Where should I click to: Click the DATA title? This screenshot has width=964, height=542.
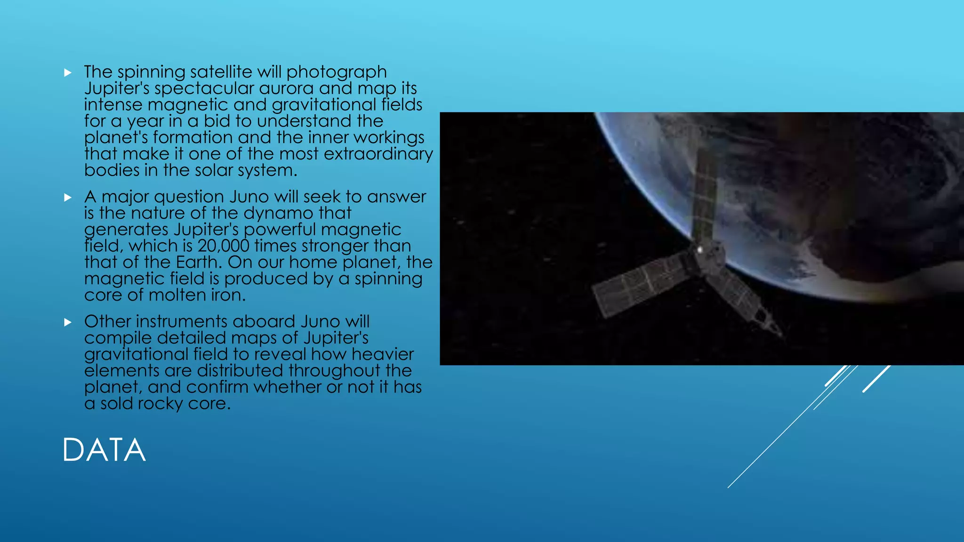click(x=104, y=450)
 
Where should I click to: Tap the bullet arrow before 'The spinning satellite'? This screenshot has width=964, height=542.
click(x=68, y=72)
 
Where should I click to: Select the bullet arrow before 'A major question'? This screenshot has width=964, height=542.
click(x=68, y=197)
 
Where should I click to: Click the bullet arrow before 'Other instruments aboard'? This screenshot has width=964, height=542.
click(x=68, y=322)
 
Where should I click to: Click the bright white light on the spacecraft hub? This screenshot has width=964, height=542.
click(x=700, y=250)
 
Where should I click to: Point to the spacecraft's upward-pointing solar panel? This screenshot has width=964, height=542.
click(x=705, y=193)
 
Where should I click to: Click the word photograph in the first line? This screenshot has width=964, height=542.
click(x=337, y=72)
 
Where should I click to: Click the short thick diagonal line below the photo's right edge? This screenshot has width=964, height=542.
click(x=876, y=378)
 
